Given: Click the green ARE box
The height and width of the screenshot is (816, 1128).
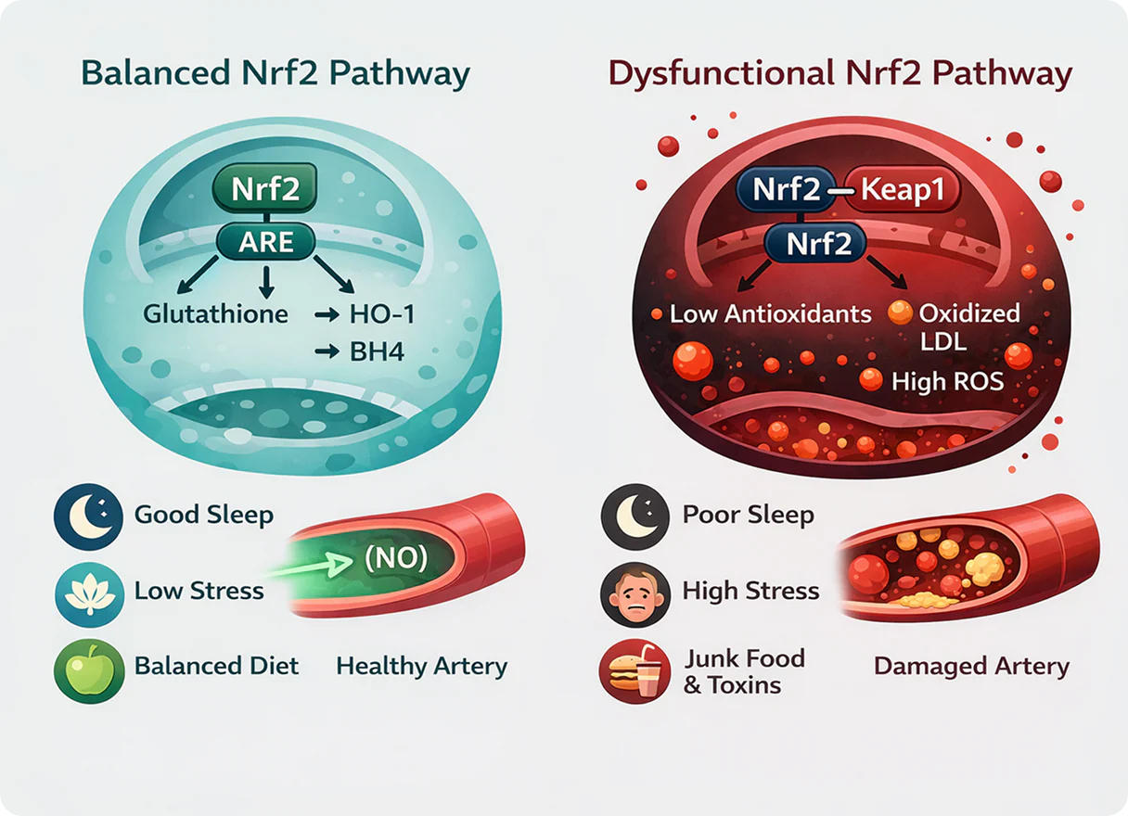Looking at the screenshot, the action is point(266,242).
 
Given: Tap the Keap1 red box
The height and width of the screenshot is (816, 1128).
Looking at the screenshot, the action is point(902,190).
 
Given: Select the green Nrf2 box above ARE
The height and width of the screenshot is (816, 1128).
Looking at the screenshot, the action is point(265,187).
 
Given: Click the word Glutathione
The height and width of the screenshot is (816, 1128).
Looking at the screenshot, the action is point(215,314).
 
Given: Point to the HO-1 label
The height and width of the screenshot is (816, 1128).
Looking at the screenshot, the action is point(382,314).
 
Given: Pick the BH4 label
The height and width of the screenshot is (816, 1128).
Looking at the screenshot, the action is point(377,351).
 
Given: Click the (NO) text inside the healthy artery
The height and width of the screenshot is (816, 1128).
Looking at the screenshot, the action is point(396,558).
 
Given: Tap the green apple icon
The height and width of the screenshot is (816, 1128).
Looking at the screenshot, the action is point(89,671).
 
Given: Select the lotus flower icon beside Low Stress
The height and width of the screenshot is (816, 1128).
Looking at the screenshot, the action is point(89,594).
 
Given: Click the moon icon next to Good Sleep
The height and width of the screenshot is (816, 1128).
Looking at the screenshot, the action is point(88,517).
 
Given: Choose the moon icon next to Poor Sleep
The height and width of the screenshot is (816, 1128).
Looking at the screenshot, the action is point(635,517).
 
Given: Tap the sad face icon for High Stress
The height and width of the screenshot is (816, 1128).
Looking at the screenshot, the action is point(635,594).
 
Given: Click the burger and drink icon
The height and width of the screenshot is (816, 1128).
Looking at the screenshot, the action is point(634,671).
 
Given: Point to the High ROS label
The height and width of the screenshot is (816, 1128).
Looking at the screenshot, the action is point(948,381).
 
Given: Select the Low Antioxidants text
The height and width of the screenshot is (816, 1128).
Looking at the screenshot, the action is point(771,314).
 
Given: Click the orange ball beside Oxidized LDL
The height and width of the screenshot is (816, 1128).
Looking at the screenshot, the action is point(900,312).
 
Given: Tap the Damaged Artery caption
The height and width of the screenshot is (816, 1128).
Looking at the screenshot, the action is point(972,667).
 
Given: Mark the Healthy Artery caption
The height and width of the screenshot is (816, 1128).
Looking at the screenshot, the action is point(421,667).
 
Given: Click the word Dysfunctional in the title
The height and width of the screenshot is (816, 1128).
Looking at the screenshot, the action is point(721,74).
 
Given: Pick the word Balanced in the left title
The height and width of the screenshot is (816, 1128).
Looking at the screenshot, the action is point(156,73).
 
